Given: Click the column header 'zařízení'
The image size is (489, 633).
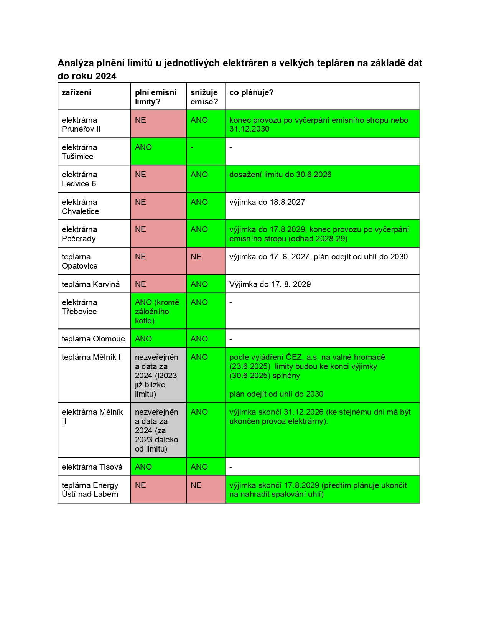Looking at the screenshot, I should [76, 92].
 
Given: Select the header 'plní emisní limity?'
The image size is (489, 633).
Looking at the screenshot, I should [156, 97].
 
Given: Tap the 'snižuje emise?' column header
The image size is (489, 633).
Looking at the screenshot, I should [204, 97].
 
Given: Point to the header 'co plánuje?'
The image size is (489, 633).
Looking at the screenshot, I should [251, 92].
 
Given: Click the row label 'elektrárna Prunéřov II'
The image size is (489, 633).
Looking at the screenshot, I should [81, 124].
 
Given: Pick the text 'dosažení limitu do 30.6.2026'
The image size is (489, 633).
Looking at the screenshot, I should [280, 175].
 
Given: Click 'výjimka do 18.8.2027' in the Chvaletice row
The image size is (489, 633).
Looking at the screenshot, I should [267, 202].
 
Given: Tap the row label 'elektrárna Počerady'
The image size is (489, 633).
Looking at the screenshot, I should [79, 234].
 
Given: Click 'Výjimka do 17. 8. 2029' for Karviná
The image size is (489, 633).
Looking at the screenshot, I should [270, 284].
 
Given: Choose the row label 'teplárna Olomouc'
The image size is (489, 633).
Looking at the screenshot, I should [93, 339].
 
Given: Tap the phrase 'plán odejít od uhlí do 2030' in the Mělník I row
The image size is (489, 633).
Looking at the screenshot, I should [276, 394].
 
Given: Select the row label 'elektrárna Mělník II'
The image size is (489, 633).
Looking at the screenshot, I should [92, 417].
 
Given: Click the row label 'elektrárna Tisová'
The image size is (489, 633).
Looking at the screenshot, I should [92, 467].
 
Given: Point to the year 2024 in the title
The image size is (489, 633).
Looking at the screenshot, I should [106, 76].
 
